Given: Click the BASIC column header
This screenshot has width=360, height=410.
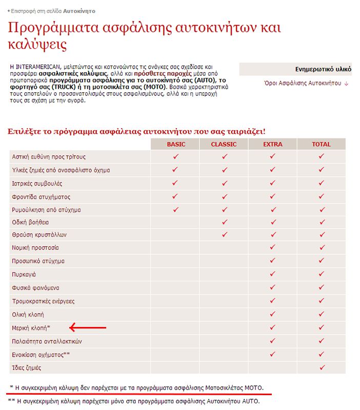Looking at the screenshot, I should [176, 144].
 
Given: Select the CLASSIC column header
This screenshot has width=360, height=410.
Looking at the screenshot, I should [224, 144].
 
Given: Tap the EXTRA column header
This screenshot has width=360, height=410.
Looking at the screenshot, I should [273, 144].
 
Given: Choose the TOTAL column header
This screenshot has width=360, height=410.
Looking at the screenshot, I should [322, 144].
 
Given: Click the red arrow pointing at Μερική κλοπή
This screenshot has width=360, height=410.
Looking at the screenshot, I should [88, 327].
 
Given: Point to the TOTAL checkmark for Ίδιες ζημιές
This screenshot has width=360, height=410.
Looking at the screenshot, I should [322, 367].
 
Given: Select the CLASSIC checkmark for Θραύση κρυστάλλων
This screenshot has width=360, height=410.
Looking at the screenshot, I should [224, 235].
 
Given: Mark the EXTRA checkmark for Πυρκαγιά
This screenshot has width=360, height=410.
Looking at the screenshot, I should [273, 274].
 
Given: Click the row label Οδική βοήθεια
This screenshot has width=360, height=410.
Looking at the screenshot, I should [31, 222].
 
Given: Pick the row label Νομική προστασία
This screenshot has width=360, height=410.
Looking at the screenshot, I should [35, 248].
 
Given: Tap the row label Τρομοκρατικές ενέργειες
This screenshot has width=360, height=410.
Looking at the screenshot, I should [43, 301].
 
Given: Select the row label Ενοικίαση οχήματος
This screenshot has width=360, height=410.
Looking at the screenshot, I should [39, 355].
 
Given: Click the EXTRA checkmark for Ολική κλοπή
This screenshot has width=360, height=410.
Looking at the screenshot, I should [273, 314].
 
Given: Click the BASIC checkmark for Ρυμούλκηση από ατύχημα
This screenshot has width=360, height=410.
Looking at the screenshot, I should [175, 209].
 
